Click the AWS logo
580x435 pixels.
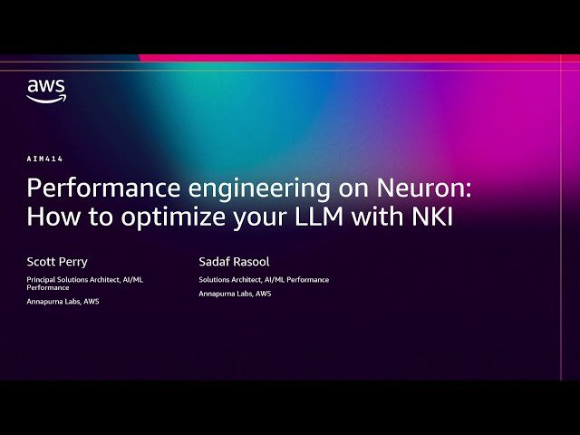[x=45, y=91]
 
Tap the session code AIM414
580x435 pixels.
[x=45, y=159]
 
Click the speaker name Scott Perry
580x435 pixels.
[x=57, y=261]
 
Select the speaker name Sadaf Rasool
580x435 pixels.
[x=235, y=261]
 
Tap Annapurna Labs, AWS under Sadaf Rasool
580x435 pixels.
[x=235, y=294]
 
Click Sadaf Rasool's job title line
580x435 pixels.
[x=264, y=280]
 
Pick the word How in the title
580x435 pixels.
[x=48, y=217]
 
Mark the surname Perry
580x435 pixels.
[x=72, y=261]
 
